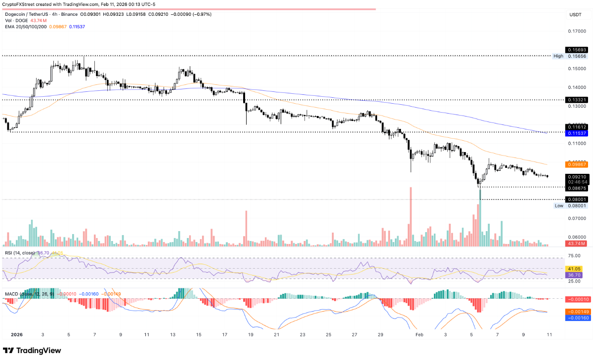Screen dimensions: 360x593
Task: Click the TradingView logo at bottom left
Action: click(x=32, y=350)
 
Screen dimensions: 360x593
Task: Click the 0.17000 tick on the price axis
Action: click(x=574, y=31)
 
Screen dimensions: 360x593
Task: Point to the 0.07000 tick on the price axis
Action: click(x=574, y=218)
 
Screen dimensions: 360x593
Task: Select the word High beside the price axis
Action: click(x=558, y=56)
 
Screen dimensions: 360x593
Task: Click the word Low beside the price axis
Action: click(x=558, y=206)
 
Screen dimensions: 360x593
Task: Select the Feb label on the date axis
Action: click(x=420, y=334)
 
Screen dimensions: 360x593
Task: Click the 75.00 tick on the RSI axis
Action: click(x=574, y=256)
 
